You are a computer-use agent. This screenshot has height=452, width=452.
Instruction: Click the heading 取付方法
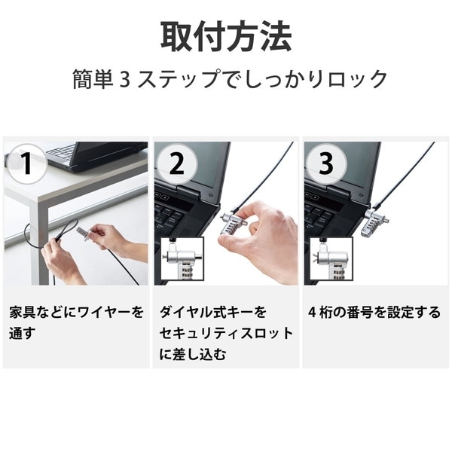point(225,35)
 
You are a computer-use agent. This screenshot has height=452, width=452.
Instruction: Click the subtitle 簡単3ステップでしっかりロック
point(230,79)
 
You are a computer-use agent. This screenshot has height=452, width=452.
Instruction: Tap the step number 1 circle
point(26,163)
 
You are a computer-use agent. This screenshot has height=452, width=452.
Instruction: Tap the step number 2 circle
point(176,163)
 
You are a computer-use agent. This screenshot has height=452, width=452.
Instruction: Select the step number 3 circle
point(325,163)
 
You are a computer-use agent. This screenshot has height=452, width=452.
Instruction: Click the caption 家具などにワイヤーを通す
point(75,322)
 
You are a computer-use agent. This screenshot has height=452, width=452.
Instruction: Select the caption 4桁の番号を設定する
point(374,312)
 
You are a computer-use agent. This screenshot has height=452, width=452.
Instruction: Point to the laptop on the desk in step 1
point(94,154)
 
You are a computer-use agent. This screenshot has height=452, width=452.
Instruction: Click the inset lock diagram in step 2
point(182,261)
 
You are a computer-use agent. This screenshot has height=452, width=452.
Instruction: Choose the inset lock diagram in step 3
point(331,261)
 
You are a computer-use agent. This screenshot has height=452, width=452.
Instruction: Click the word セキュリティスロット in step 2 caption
point(225,333)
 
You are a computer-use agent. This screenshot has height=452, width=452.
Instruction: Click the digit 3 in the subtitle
point(126,80)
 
